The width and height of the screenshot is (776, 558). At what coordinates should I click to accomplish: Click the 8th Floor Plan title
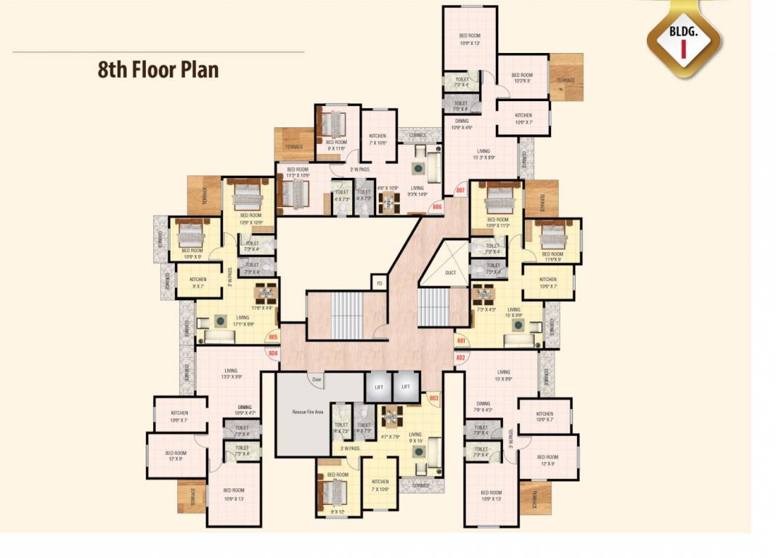(158, 70)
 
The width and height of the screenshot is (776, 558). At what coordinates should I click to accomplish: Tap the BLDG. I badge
(684, 40)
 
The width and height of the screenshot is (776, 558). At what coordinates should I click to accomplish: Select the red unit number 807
(460, 190)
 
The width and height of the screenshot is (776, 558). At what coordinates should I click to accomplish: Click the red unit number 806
(437, 207)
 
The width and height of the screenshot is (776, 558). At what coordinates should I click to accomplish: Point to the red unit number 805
(273, 337)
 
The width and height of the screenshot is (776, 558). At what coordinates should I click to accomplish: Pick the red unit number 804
(273, 353)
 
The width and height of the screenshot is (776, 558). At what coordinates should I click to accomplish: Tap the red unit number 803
(434, 398)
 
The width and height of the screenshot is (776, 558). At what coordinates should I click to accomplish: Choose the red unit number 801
(460, 340)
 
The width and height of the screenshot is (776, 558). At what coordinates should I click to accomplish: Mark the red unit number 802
(460, 357)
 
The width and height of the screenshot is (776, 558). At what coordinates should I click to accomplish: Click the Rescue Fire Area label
(307, 411)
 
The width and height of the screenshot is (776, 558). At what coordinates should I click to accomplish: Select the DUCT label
(449, 272)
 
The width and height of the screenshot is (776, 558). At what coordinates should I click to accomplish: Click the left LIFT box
(377, 387)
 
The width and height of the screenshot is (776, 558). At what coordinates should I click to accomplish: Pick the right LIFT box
(406, 387)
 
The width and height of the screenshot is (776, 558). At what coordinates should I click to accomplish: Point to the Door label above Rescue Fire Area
(317, 379)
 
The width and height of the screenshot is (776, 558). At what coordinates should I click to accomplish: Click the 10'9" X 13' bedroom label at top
(470, 39)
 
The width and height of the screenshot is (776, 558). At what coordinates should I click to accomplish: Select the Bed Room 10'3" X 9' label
(522, 78)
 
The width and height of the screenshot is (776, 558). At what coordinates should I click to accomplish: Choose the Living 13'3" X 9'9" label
(232, 373)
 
